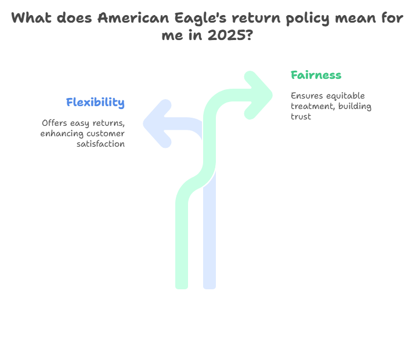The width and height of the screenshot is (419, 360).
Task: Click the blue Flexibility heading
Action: coord(95,103)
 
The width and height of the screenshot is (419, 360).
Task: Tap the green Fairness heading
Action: coord(316,75)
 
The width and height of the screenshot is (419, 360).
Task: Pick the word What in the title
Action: coord(30,18)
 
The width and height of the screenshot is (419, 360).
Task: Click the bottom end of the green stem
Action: coord(182,286)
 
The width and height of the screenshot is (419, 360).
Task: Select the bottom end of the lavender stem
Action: coord(209,286)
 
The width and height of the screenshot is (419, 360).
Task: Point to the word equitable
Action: coord(345,96)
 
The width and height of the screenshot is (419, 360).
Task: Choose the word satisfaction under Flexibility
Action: coord(100,144)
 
